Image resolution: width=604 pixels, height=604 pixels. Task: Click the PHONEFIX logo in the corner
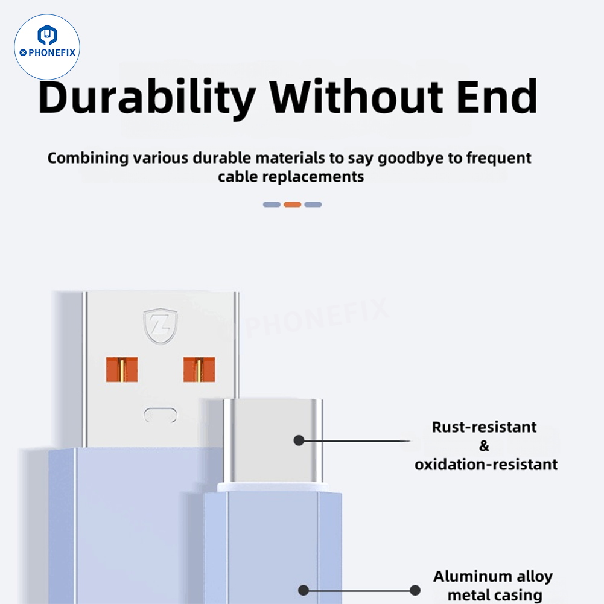pos(47,47)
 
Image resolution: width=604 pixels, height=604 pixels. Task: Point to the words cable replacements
pos(291,177)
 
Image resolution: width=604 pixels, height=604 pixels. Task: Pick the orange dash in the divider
pos(292,205)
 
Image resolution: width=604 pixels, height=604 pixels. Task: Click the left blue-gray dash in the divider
pos(272,205)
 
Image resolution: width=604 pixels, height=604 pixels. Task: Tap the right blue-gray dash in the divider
pos(313,205)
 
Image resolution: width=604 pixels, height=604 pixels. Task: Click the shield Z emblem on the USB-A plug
pos(160,326)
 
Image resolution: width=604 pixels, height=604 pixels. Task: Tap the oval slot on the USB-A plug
pos(161,415)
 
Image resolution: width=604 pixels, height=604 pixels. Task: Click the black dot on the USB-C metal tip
pos(299,440)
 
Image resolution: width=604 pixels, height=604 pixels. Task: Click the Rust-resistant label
pos(485,427)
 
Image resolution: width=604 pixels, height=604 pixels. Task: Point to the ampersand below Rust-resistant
pos(485,446)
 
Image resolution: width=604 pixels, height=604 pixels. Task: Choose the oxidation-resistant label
pos(486,465)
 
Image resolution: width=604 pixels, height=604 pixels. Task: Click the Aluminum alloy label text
pos(492,577)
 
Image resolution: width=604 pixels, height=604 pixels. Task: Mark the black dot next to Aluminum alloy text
pos(415,590)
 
